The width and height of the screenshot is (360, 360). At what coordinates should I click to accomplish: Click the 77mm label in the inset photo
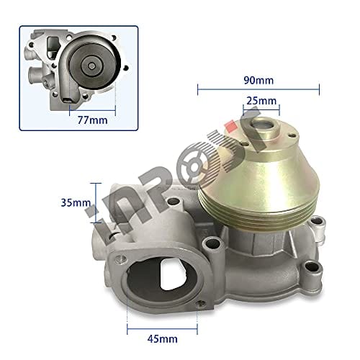point(91,120)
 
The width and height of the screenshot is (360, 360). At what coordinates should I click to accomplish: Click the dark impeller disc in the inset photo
point(94,66)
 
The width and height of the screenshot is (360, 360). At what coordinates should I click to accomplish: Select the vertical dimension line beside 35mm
point(91,204)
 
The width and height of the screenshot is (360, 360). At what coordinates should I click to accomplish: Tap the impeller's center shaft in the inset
point(94,66)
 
